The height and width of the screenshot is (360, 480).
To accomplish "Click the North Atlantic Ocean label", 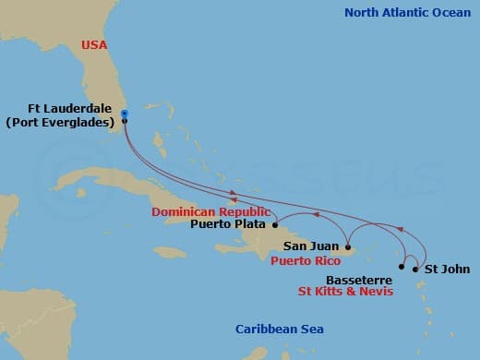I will tap(406, 13).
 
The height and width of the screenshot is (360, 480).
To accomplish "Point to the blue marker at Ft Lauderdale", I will tap(124, 114).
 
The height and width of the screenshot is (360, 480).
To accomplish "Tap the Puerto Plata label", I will tap(229, 223).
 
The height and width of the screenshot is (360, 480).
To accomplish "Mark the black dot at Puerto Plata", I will tap(275, 224).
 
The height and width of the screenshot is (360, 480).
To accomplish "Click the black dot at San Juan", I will tap(347, 246).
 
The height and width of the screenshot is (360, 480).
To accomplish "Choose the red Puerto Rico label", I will tap(305, 261).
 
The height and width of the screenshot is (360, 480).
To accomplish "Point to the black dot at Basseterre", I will tap(401, 267).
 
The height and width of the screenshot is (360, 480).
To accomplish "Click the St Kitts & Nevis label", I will tap(345, 292).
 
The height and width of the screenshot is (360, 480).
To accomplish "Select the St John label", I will tap(443, 270).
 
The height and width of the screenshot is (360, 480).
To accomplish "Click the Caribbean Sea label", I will tap(279, 330).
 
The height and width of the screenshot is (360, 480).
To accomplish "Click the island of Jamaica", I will tap(169, 251).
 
